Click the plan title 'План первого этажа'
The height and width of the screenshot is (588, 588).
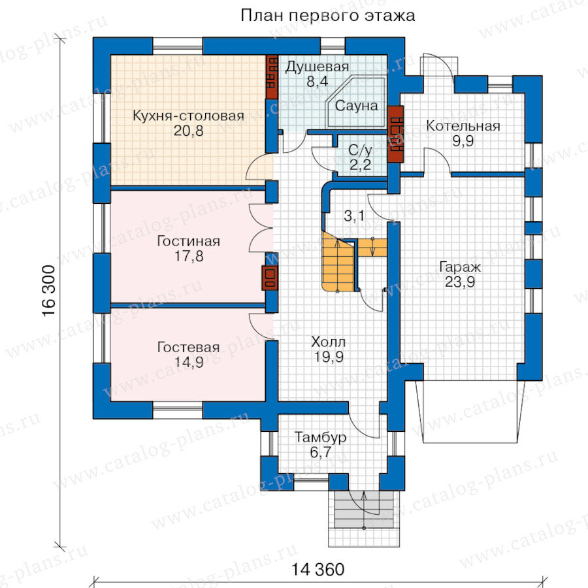(327, 16)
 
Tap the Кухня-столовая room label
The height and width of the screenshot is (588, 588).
(188, 116)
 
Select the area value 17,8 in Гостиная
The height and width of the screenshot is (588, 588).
(189, 257)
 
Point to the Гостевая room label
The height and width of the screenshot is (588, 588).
(188, 348)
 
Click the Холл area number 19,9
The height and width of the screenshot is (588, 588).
(329, 357)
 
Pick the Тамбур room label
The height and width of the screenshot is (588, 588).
(320, 438)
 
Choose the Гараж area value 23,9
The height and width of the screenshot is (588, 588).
(460, 282)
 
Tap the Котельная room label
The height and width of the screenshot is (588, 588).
(463, 126)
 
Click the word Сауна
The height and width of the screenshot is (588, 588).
(356, 106)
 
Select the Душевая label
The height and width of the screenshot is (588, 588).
(318, 67)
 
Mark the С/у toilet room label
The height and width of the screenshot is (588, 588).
(360, 151)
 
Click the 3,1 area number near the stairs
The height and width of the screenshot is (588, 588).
(354, 216)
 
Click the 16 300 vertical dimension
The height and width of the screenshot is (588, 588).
(49, 291)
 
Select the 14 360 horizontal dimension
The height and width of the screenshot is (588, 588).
(318, 570)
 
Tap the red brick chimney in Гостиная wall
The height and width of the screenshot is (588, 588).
(270, 278)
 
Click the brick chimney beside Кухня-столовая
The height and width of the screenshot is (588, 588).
(272, 77)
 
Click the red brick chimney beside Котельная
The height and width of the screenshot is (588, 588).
(396, 134)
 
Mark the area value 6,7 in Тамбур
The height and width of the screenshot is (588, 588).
(320, 453)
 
